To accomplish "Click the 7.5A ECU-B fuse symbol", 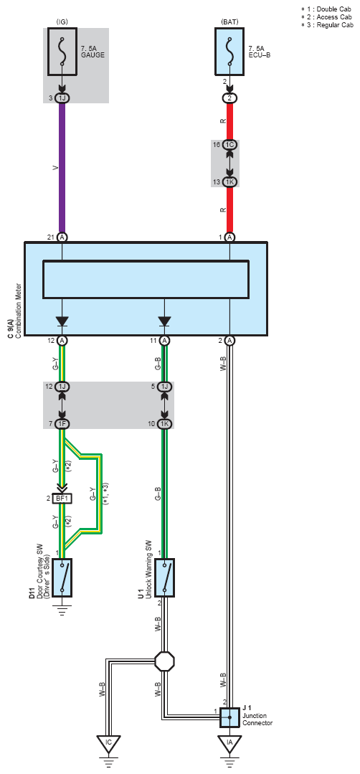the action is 229,51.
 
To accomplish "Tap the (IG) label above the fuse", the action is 62,22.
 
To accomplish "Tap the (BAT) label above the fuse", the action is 229,22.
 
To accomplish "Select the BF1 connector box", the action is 62,499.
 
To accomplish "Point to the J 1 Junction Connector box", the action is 229,717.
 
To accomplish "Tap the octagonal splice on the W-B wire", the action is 165,661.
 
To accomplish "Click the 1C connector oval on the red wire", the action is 229,145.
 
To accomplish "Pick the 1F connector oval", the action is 62,423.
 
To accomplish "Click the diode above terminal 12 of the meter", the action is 62,321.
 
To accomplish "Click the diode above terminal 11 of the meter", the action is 165,321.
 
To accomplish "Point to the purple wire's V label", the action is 55,169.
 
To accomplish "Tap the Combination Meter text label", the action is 18,311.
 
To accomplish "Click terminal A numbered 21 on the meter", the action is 62,237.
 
